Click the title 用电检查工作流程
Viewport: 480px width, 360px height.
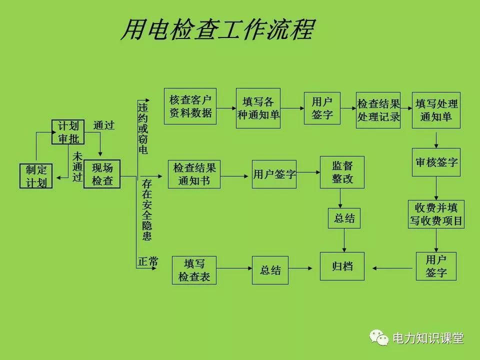[x=217, y=30]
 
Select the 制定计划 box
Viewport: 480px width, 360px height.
[x=36, y=176]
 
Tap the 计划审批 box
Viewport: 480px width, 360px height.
[x=68, y=132]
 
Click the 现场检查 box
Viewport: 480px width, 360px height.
[x=102, y=174]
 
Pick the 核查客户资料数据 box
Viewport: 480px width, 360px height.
[x=190, y=106]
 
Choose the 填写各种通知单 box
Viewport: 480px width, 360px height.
[x=258, y=108]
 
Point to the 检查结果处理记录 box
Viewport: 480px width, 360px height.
[x=378, y=110]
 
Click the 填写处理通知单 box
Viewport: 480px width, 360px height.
[x=436, y=110]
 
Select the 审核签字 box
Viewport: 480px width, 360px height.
[x=436, y=162]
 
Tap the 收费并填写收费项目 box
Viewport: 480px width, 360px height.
[x=436, y=214]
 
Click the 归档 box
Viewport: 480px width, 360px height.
[x=342, y=266]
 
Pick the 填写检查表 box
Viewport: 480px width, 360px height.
[x=194, y=270]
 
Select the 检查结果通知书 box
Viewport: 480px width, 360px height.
[x=194, y=174]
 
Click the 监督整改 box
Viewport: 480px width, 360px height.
[x=342, y=172]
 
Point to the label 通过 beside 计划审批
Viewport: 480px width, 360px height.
[x=104, y=125]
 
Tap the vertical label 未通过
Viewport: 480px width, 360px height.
[x=77, y=166]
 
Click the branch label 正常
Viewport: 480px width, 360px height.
[x=148, y=261]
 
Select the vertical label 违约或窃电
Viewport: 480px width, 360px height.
[x=143, y=128]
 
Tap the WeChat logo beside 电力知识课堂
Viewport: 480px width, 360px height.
[x=379, y=338]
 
